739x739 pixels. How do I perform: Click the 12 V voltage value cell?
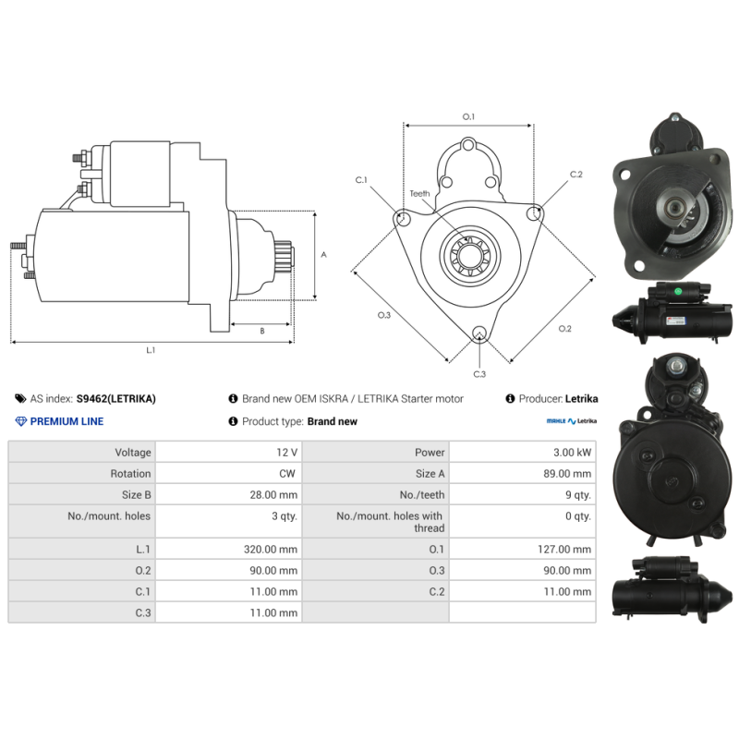tap(286, 453)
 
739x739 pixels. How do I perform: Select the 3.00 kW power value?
tap(572, 453)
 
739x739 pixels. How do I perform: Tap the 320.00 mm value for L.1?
tap(271, 549)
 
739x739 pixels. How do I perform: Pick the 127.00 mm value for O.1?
tap(564, 549)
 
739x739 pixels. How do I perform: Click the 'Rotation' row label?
tap(130, 474)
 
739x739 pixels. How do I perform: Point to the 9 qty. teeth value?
tap(578, 495)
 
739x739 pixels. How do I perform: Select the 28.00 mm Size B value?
tap(273, 495)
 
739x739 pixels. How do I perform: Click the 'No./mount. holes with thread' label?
tap(390, 522)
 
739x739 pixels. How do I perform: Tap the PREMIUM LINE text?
tap(67, 421)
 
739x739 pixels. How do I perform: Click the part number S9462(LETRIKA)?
tap(116, 399)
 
